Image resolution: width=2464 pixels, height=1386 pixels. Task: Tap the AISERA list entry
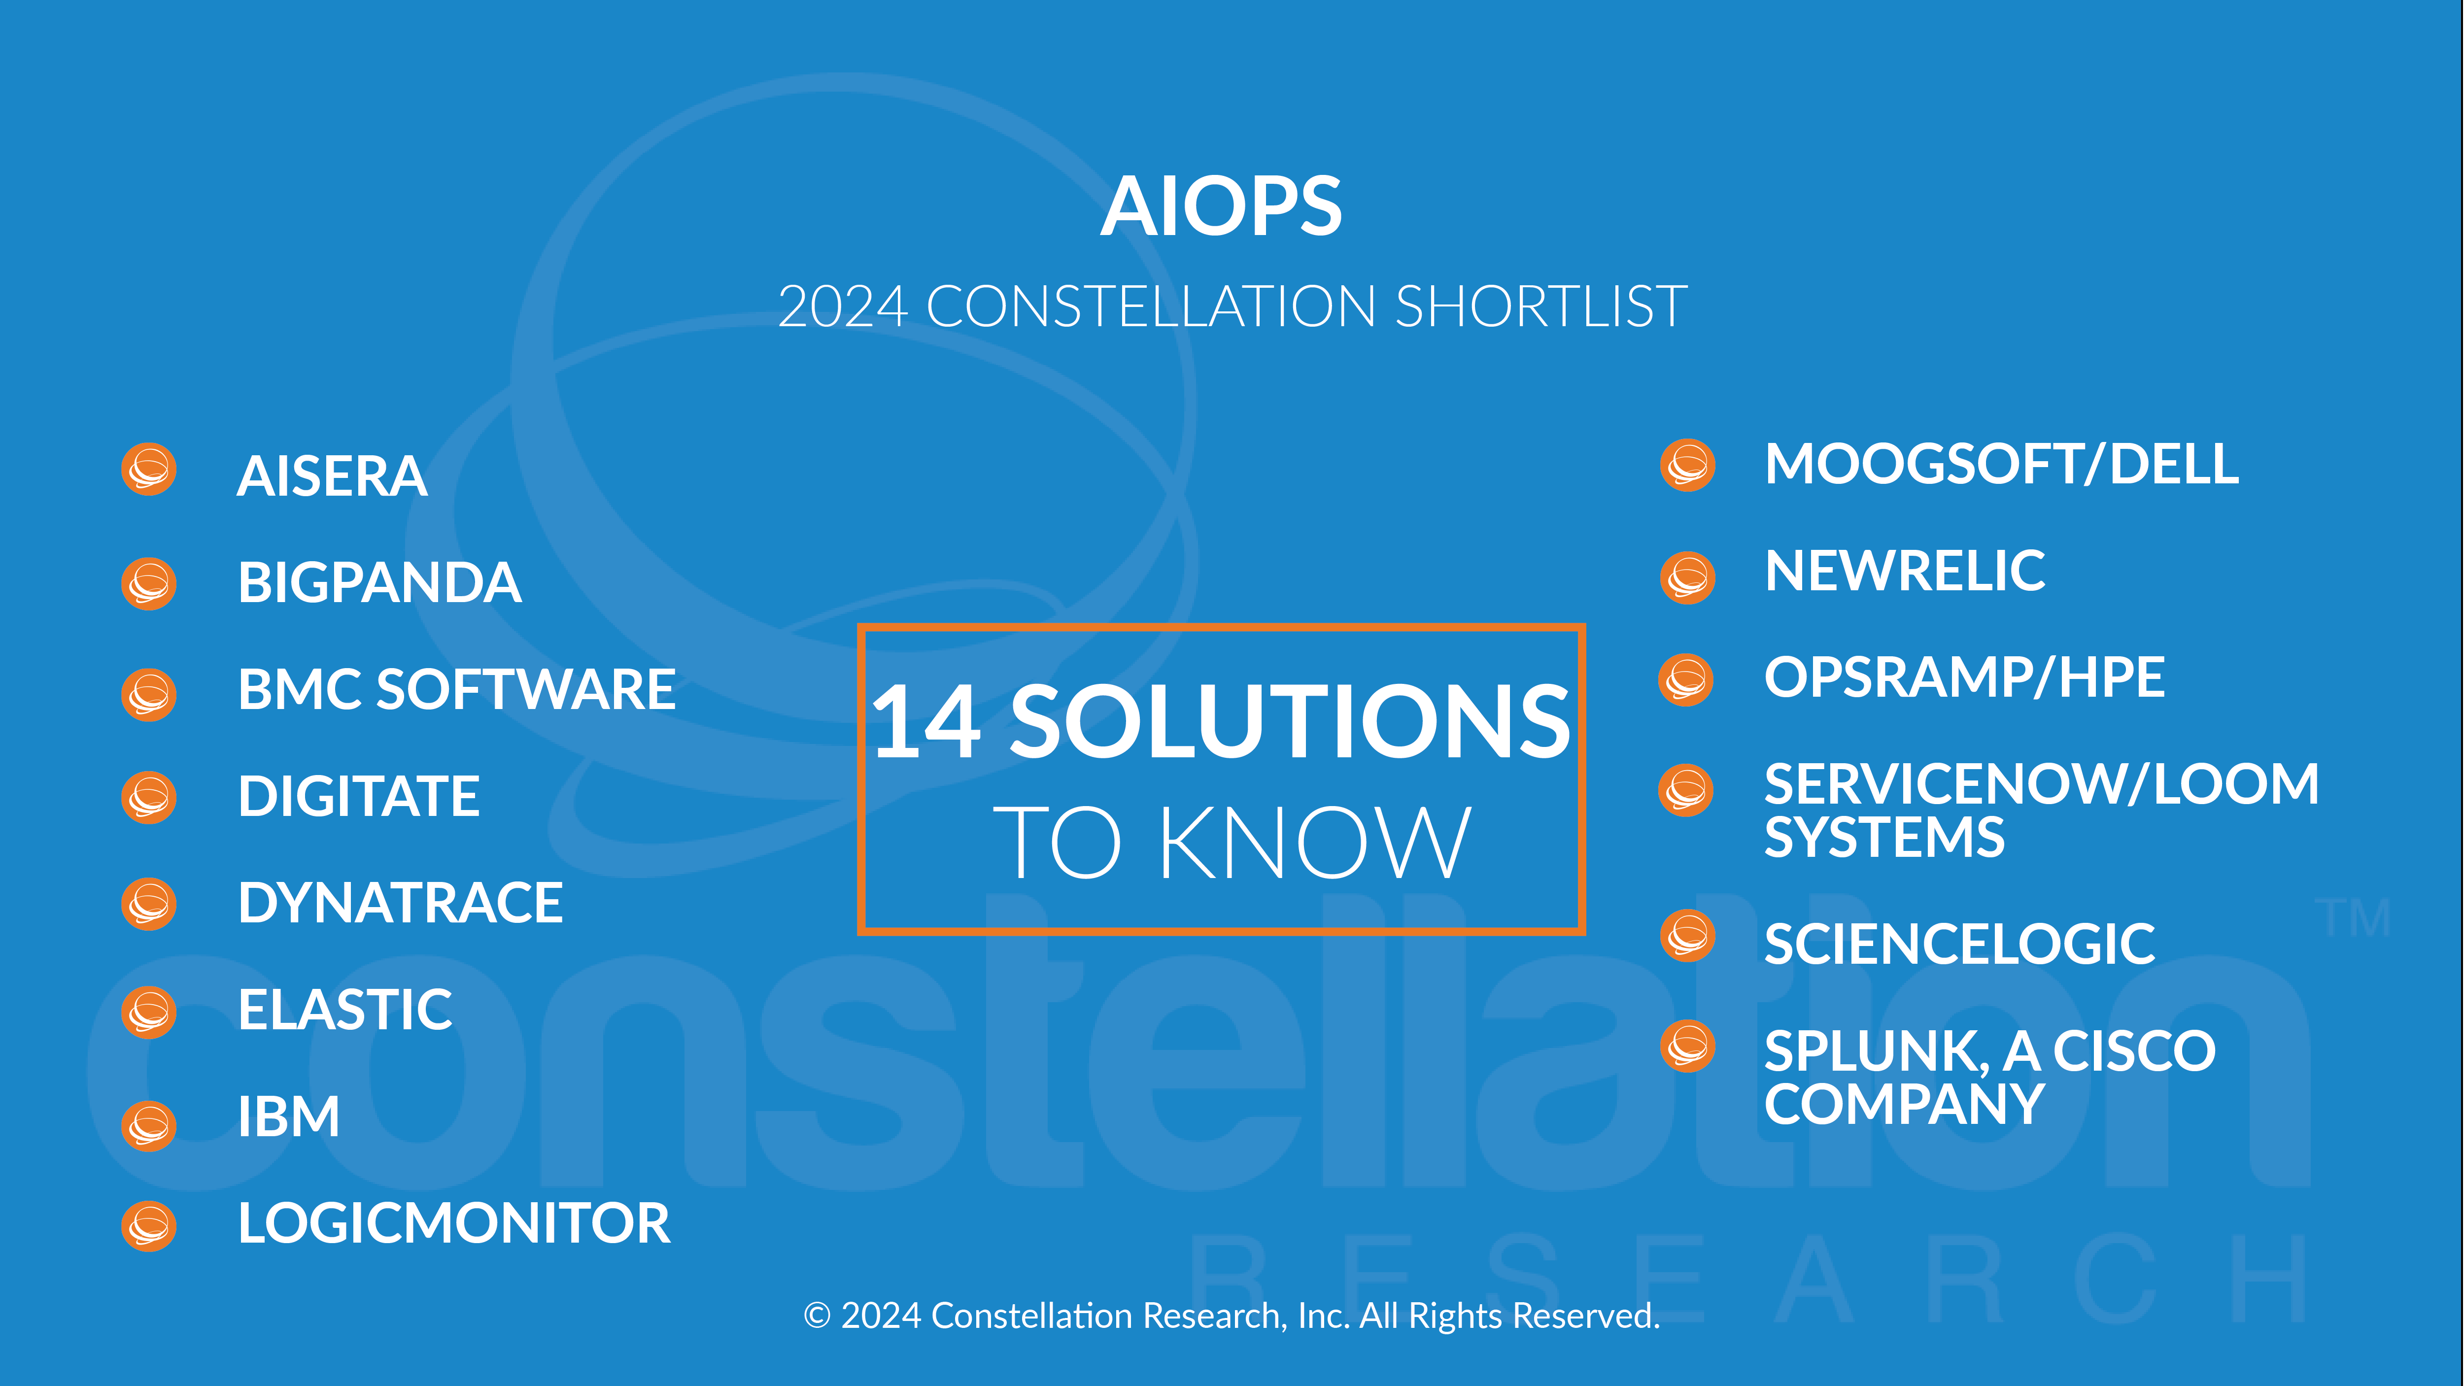332,476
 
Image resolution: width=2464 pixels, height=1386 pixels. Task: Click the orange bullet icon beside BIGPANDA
149,583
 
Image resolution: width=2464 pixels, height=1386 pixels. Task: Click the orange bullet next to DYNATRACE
149,904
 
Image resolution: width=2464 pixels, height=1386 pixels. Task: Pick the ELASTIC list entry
345,1010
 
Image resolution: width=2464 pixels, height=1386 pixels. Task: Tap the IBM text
289,1116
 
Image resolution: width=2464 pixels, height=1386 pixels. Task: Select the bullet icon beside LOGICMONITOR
149,1225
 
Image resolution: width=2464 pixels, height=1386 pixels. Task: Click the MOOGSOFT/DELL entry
2001,465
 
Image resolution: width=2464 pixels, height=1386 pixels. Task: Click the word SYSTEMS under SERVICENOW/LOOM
1884,838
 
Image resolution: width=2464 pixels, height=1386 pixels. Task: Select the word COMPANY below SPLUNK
1905,1105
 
